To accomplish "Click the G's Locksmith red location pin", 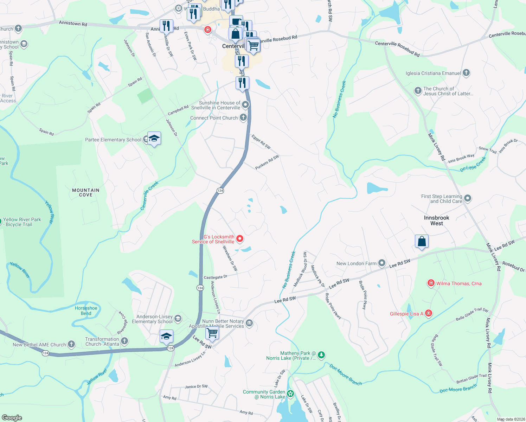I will (x=240, y=239).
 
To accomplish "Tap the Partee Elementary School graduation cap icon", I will (x=154, y=139).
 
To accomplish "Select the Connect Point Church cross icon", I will (x=243, y=117).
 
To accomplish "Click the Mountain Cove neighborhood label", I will (x=86, y=192).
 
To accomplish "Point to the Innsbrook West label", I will (x=436, y=220).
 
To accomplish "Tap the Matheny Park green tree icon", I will (x=321, y=355).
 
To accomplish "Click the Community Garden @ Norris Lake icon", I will (x=290, y=394).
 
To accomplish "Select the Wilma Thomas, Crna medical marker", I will (x=431, y=283).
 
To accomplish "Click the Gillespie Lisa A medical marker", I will (x=428, y=313).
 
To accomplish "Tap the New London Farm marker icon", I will (x=382, y=263).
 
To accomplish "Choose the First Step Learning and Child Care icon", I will (x=468, y=198).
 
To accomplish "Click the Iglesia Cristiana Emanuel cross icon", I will (x=466, y=73).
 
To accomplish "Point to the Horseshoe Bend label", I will (x=86, y=311).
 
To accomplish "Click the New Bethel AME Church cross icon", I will (x=71, y=344).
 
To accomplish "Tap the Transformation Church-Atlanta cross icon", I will (x=124, y=341).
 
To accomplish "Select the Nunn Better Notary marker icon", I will (x=249, y=323).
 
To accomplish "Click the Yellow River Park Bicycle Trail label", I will (x=22, y=222).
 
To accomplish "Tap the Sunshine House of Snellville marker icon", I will (x=245, y=104).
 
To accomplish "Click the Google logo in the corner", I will (x=12, y=417).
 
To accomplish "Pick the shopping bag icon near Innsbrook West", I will (x=422, y=242).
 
